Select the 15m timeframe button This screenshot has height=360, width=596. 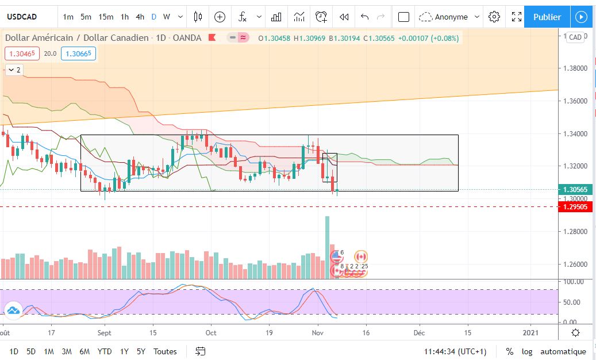106,17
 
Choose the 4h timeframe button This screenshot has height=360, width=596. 140,17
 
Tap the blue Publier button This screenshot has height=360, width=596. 547,17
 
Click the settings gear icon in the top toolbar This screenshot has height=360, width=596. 494,17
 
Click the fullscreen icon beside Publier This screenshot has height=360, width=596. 517,17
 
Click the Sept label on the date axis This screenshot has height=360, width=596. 104,332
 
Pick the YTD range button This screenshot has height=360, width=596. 105,351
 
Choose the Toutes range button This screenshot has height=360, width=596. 165,351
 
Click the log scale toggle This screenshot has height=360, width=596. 527,351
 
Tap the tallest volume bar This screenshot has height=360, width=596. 328,247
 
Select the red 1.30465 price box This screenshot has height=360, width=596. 21,53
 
